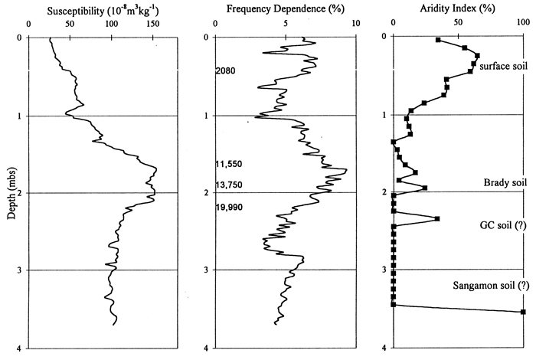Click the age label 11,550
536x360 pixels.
click(229, 165)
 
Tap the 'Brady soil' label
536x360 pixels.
click(504, 182)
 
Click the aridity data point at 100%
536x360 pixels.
click(523, 312)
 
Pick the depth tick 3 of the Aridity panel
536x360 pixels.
click(382, 270)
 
